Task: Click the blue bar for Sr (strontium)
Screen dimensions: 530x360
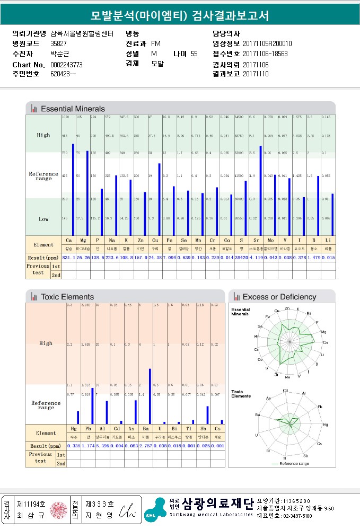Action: point(261,190)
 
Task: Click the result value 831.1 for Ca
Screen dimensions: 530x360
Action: point(68,257)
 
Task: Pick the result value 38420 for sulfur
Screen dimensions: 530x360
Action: point(241,257)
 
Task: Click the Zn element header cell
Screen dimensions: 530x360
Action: point(139,240)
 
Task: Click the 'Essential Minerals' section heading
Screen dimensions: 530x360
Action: point(73,109)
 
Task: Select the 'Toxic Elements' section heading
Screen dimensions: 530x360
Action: point(67,297)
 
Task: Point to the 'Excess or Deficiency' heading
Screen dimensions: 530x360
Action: point(279,297)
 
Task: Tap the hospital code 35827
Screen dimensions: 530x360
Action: point(58,43)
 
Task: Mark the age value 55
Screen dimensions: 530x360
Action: point(194,54)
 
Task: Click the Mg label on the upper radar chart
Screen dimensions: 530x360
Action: point(323,332)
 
